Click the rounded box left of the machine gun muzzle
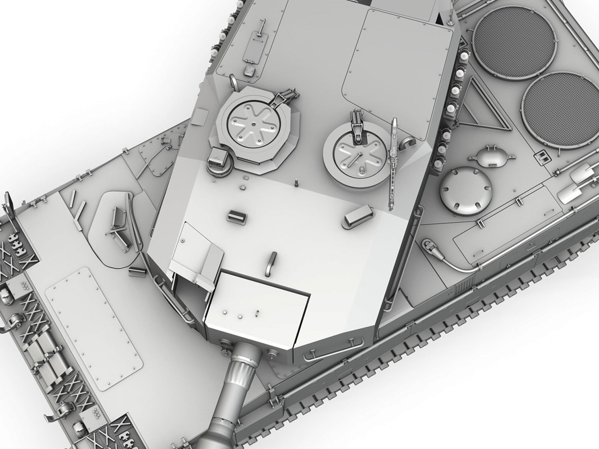[x=359, y=219]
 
